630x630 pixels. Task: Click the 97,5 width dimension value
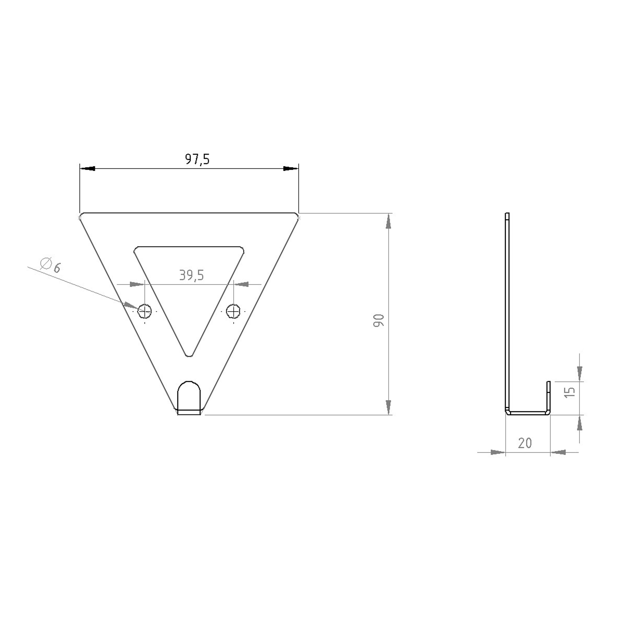tap(197, 159)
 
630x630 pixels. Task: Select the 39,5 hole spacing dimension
tap(191, 276)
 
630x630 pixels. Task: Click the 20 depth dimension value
tap(525, 443)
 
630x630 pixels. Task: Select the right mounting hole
tap(234, 311)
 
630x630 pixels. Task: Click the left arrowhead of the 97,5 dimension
tap(87, 169)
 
